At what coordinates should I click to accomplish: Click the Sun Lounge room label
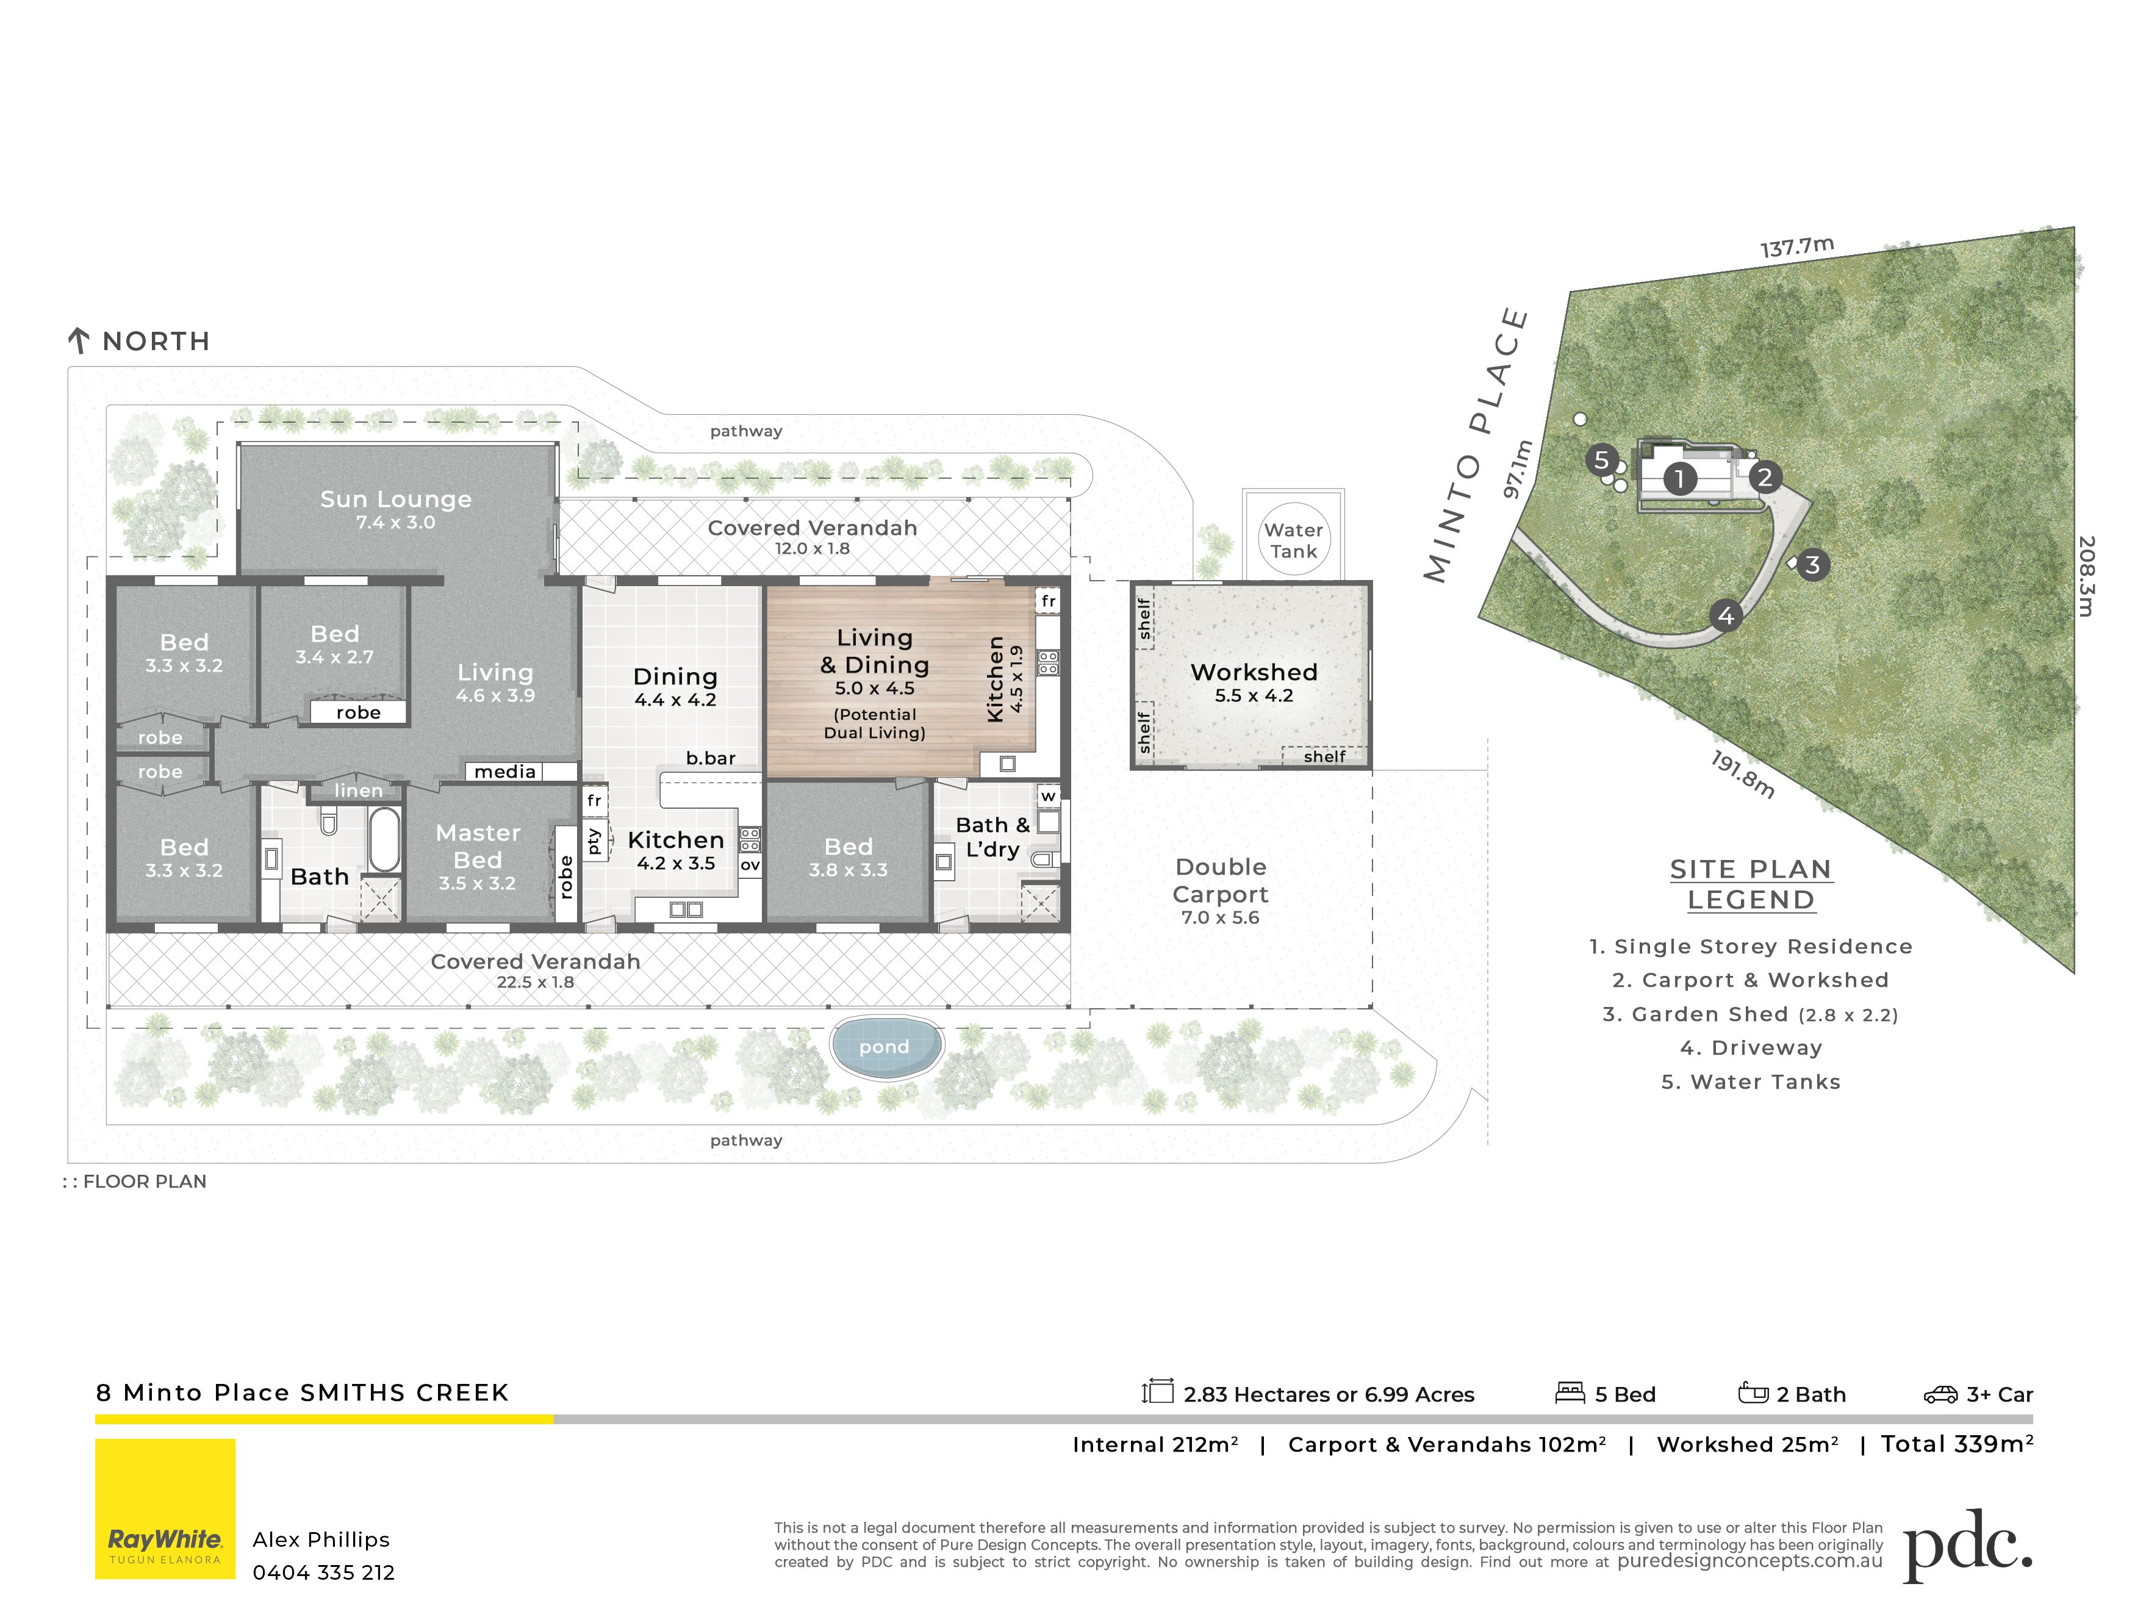point(396,498)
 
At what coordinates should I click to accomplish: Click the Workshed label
point(1254,672)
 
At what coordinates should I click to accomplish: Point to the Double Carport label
point(1221,881)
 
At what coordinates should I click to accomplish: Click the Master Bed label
point(477,847)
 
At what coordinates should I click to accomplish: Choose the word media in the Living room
point(504,772)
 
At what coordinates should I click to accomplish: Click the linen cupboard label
point(358,790)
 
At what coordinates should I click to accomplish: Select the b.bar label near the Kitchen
point(710,758)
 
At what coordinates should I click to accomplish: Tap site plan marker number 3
point(1811,564)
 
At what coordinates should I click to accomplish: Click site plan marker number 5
point(1602,460)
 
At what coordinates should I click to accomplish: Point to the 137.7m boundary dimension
point(1796,246)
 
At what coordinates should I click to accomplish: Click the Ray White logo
point(165,1508)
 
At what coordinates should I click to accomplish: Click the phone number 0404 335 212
point(324,1573)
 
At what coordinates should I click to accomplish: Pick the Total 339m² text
point(1957,1444)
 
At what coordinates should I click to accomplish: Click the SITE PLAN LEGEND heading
point(1751,884)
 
